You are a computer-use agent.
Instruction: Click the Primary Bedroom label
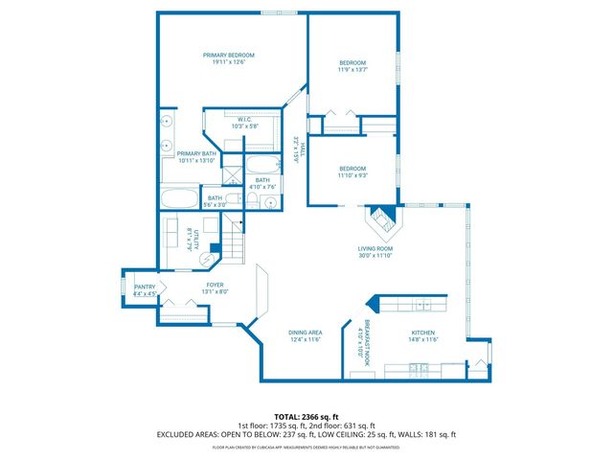point(228,56)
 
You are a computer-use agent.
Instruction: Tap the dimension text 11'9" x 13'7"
point(352,70)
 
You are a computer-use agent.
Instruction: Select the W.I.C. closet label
point(245,120)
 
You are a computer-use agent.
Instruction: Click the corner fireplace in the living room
point(383,221)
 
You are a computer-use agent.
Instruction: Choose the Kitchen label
point(423,333)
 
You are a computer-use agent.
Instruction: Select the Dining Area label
point(305,333)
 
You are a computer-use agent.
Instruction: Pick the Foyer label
point(216,285)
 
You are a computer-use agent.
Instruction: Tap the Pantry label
point(144,287)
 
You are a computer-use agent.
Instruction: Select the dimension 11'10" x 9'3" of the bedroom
point(352,175)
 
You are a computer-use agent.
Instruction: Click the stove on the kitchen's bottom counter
point(418,366)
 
